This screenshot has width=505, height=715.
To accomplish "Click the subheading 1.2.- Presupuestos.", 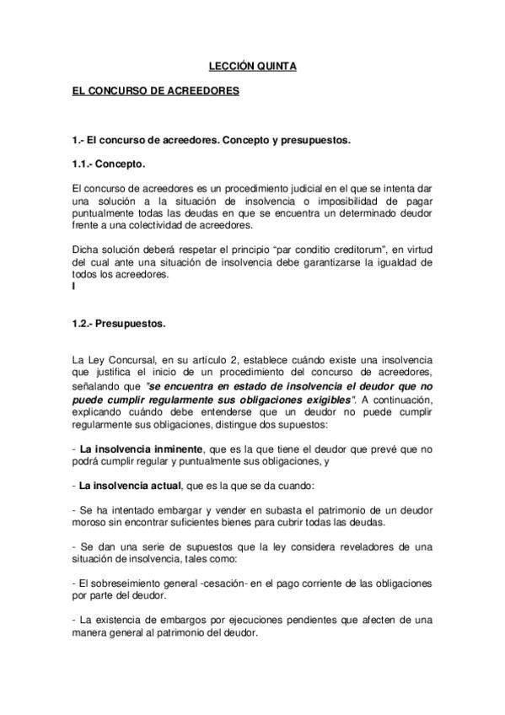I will click(119, 322).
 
